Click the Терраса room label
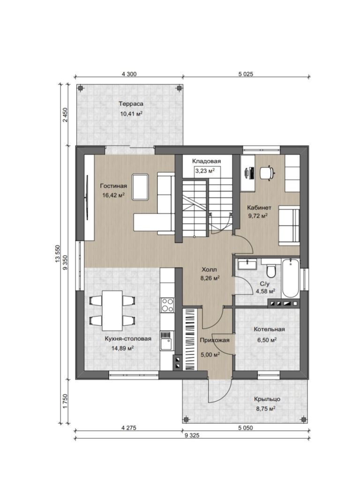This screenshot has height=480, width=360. (x=131, y=104)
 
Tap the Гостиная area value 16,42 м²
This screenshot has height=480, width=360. (x=113, y=195)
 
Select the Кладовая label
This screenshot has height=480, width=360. (x=206, y=161)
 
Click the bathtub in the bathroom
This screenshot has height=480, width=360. (x=290, y=278)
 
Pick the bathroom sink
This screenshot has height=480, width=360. (x=247, y=264)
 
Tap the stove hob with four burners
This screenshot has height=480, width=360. (x=167, y=305)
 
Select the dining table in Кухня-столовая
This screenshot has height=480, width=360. (x=112, y=310)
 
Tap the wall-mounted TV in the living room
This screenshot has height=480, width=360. (x=87, y=197)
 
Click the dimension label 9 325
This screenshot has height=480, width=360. (x=192, y=435)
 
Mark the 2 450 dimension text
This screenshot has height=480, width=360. (x=65, y=115)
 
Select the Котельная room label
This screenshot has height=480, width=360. (x=269, y=330)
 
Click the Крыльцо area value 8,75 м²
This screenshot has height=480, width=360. (x=265, y=408)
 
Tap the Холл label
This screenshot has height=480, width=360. (x=209, y=270)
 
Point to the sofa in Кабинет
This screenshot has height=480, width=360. (x=289, y=225)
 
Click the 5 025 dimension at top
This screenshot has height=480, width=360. (x=246, y=74)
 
